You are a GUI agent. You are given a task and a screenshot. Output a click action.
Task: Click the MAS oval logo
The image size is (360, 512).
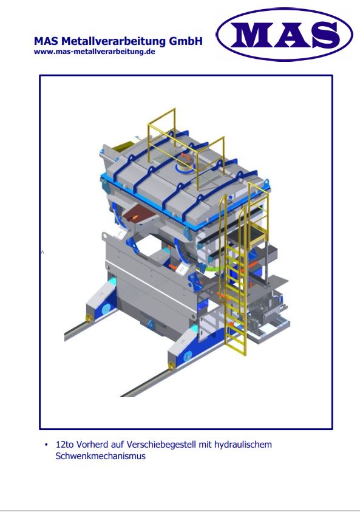tap(284, 34)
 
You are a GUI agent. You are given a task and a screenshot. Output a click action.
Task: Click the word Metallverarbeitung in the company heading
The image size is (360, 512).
tap(114, 41)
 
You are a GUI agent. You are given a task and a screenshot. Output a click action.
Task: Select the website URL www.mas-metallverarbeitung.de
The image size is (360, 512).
tap(94, 52)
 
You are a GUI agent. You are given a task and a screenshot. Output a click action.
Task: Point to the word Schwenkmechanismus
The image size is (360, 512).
tap(101, 456)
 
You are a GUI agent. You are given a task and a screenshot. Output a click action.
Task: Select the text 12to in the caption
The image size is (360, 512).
tap(65, 445)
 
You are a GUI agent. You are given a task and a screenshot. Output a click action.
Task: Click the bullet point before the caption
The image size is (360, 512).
tap(46, 445)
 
